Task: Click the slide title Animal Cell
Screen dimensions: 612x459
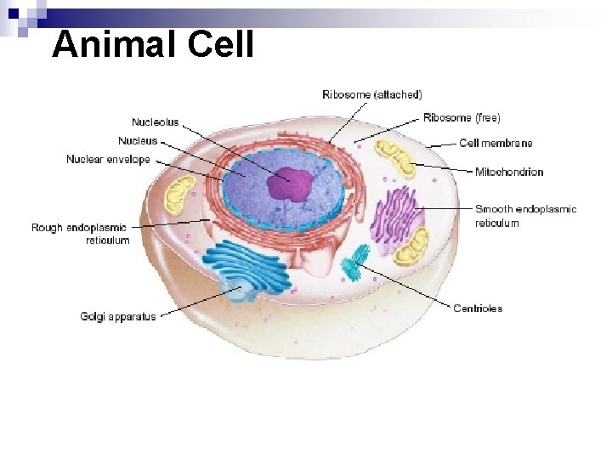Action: pos(153,44)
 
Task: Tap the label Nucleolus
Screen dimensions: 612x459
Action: pos(155,122)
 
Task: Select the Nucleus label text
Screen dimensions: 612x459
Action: pos(137,141)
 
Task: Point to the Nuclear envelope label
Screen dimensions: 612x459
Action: pos(108,160)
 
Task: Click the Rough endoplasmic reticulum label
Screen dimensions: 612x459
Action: pos(80,234)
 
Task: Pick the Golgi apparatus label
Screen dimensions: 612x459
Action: pos(118,317)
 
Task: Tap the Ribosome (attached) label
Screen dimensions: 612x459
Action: pos(371,94)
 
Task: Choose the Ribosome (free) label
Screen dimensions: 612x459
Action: pos(462,117)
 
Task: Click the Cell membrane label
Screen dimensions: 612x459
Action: pos(496,143)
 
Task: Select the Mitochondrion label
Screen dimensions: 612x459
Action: pos(508,173)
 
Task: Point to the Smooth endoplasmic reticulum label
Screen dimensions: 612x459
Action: pos(525,216)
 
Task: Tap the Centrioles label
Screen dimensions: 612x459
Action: pos(478,309)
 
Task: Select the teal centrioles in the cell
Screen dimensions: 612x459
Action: pos(355,263)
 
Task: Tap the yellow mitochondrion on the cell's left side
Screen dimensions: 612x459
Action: pos(179,195)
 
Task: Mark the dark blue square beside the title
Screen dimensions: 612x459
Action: pos(14,14)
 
